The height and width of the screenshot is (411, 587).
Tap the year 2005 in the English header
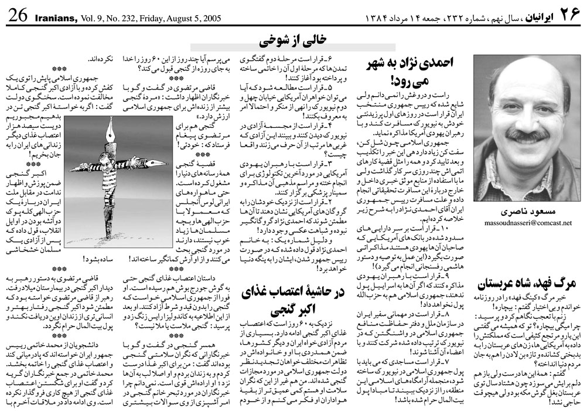coord(208,17)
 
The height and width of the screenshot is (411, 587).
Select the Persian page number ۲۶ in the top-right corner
coord(565,16)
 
